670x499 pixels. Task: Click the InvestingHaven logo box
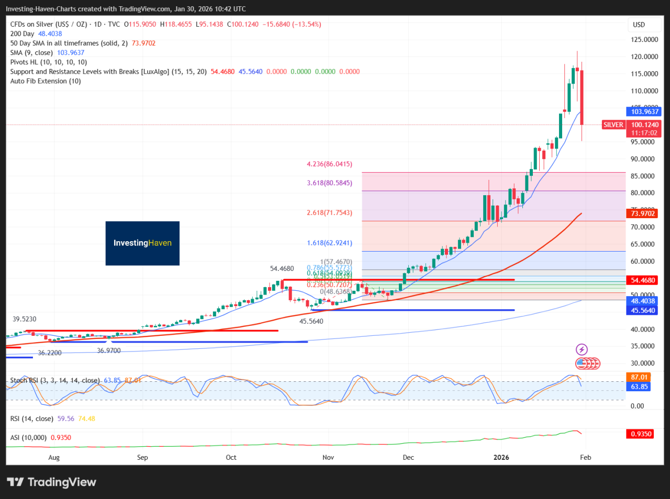coord(142,243)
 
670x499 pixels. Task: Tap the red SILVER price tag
coord(613,125)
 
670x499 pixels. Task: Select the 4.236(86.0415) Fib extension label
coord(329,164)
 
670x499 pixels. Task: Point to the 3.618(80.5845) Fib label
coord(329,183)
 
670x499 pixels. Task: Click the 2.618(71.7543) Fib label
coord(329,213)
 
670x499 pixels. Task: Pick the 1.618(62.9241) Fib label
coord(329,243)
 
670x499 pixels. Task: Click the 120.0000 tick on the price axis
coord(644,56)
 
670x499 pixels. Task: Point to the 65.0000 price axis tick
coord(644,244)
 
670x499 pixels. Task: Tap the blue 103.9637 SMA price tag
coord(644,111)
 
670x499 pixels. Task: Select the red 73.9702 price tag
coord(643,213)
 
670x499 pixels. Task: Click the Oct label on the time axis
coord(231,458)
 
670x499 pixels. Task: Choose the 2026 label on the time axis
coord(501,458)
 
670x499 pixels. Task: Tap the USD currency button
coord(639,25)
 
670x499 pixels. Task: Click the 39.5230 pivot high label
coord(25,319)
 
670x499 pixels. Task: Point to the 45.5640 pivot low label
coord(311,321)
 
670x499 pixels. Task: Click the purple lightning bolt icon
coord(582,349)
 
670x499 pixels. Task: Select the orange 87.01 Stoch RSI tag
coord(639,377)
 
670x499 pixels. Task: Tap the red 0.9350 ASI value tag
coord(641,434)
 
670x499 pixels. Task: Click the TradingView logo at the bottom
coord(51,482)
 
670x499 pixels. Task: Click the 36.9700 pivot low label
coord(109,351)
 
